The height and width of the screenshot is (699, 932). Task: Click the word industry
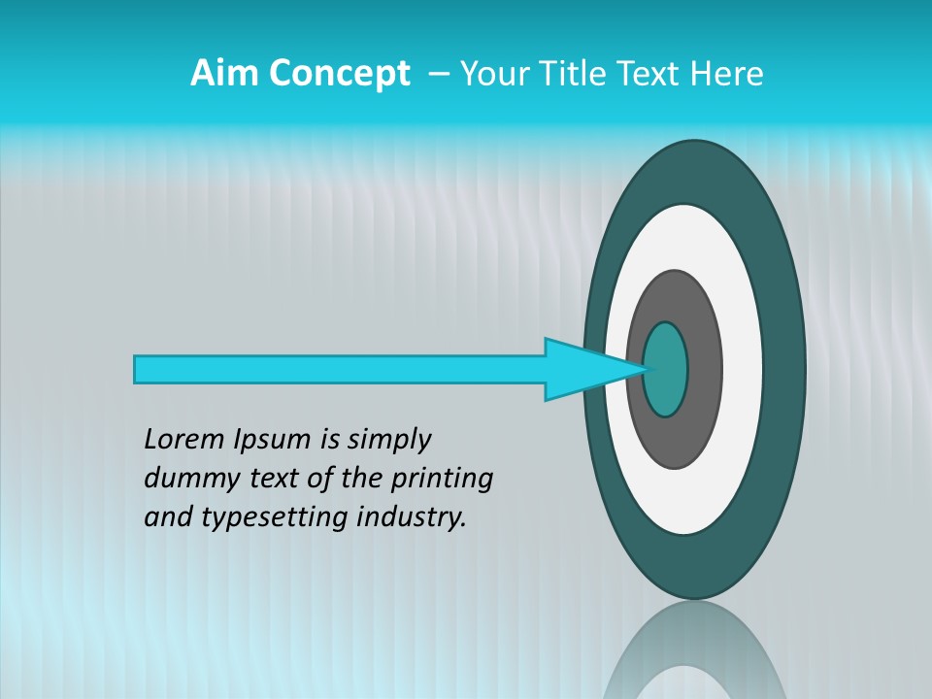point(412,517)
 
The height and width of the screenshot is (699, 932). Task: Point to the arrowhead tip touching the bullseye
point(645,369)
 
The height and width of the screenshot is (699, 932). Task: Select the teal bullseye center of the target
point(667,369)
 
